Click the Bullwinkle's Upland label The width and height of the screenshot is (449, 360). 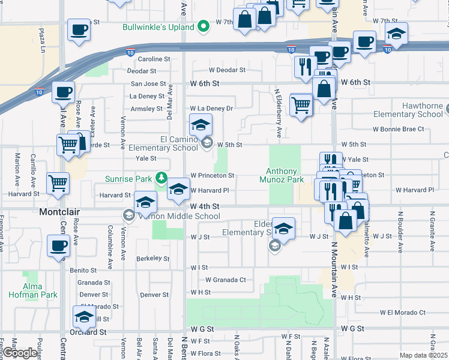click(x=158, y=28)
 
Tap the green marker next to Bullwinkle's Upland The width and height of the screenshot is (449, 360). click(x=204, y=27)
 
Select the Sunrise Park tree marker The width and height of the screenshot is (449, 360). click(x=161, y=178)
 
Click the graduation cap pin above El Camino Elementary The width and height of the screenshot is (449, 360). click(x=201, y=125)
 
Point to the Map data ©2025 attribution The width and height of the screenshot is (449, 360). click(x=424, y=355)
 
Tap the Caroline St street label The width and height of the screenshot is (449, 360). click(x=154, y=59)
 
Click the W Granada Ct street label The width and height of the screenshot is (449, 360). click(x=226, y=280)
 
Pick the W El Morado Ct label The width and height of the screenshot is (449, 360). click(x=402, y=313)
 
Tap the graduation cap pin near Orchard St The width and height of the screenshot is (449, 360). click(x=85, y=316)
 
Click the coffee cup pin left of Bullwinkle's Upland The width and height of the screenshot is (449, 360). click(x=79, y=29)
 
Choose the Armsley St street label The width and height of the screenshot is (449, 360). click(x=146, y=109)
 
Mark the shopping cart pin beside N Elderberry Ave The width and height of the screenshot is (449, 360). click(x=301, y=104)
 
